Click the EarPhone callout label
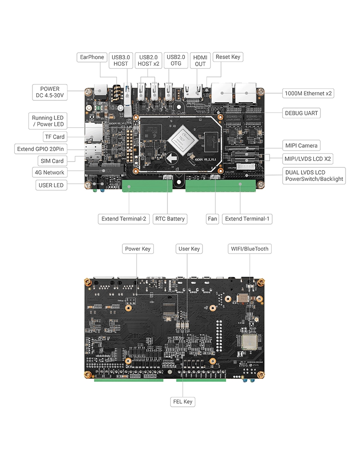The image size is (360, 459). coord(92,57)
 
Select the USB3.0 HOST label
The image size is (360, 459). coord(121,60)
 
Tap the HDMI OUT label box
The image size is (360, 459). coord(200,60)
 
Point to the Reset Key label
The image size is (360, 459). coord(228,57)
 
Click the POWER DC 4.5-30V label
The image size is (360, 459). coord(49,92)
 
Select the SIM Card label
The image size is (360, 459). coord(52,161)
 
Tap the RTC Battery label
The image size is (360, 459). coord(170,219)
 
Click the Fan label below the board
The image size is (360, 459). coord(212,219)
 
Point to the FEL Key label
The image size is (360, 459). coord(183,401)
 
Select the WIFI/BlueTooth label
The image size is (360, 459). coord(250,249)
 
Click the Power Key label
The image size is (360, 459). coord(138,249)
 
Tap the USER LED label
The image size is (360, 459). coord(51,185)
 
